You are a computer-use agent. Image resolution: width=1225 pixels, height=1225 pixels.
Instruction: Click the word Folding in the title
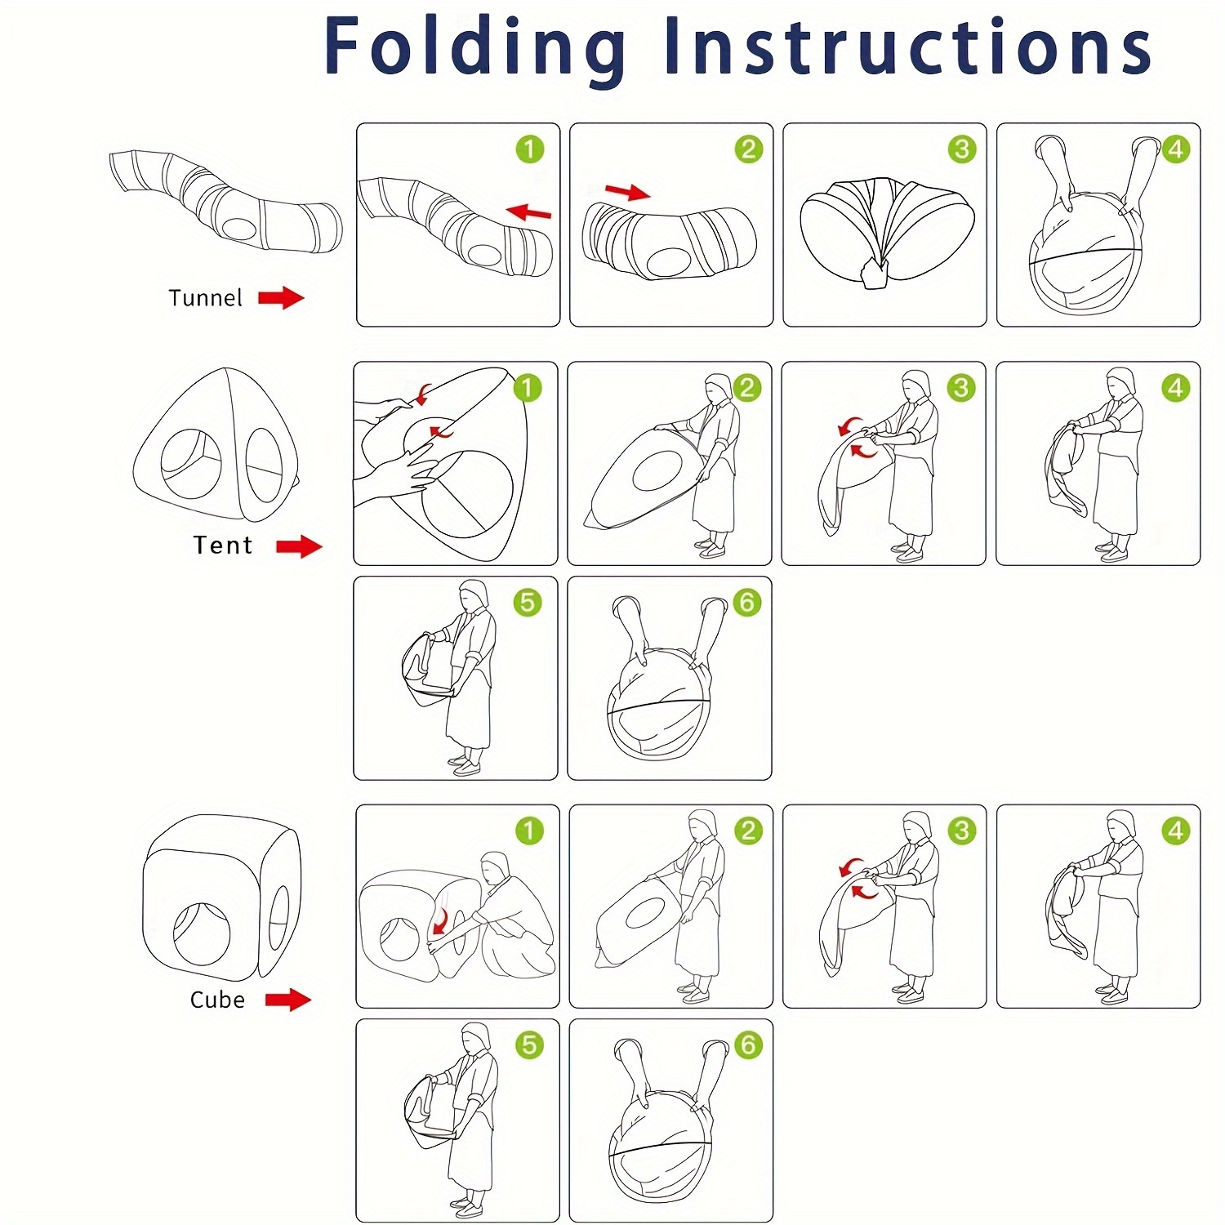(x=475, y=47)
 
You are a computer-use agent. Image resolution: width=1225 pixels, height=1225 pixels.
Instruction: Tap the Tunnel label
(x=205, y=298)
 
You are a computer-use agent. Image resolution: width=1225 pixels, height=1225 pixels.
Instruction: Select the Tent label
(x=222, y=545)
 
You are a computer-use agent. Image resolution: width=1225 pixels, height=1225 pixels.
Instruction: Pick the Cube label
(x=217, y=1000)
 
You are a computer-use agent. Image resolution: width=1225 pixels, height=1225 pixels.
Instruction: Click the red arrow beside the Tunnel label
(x=281, y=298)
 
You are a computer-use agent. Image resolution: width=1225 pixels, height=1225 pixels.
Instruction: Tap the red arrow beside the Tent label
(x=299, y=546)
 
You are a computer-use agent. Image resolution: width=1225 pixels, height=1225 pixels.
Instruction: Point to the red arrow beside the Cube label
(x=288, y=999)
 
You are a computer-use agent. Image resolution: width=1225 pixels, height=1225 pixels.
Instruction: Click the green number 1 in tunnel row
(x=529, y=149)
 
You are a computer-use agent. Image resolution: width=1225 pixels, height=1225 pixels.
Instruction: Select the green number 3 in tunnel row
(x=962, y=149)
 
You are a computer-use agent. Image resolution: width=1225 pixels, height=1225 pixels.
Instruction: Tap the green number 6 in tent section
(x=746, y=603)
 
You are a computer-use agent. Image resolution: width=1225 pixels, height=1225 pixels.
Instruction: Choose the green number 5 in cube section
(x=529, y=1045)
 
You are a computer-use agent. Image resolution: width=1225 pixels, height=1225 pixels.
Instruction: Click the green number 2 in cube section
(x=747, y=831)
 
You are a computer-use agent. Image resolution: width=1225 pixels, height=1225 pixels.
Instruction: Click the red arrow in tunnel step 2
(x=627, y=192)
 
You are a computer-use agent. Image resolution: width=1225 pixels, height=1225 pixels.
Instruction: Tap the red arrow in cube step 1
(x=441, y=920)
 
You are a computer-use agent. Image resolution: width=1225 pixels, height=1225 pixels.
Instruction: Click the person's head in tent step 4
(x=1121, y=382)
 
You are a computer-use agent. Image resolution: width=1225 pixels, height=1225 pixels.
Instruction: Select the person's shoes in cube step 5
(x=467, y=1207)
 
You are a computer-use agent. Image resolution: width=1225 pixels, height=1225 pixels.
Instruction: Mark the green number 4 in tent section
(x=1175, y=388)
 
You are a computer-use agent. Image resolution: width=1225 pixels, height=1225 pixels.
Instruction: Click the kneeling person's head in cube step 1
(x=495, y=868)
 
